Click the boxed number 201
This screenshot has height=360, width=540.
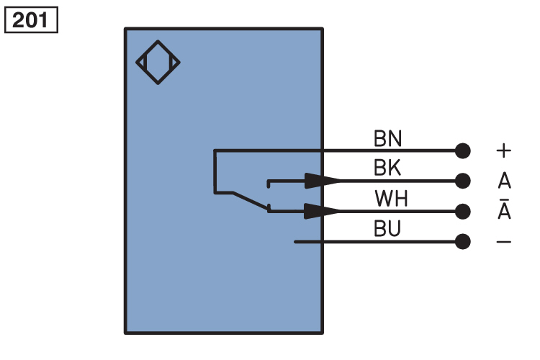[31, 19]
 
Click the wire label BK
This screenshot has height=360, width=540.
[387, 168]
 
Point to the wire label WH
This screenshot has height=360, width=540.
[391, 199]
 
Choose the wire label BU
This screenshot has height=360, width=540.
[387, 229]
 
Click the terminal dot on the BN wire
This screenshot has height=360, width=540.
[463, 150]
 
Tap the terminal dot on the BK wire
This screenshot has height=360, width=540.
[463, 180]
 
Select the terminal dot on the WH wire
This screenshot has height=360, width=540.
[463, 211]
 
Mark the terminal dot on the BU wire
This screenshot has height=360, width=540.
[463, 241]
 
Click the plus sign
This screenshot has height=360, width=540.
[503, 150]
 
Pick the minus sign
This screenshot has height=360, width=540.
[503, 241]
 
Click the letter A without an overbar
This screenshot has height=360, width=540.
[503, 180]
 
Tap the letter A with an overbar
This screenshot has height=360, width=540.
[503, 211]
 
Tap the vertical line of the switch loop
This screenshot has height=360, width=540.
[215, 171]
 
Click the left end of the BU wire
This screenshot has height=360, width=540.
[296, 241]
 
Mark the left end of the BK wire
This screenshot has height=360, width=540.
[269, 181]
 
